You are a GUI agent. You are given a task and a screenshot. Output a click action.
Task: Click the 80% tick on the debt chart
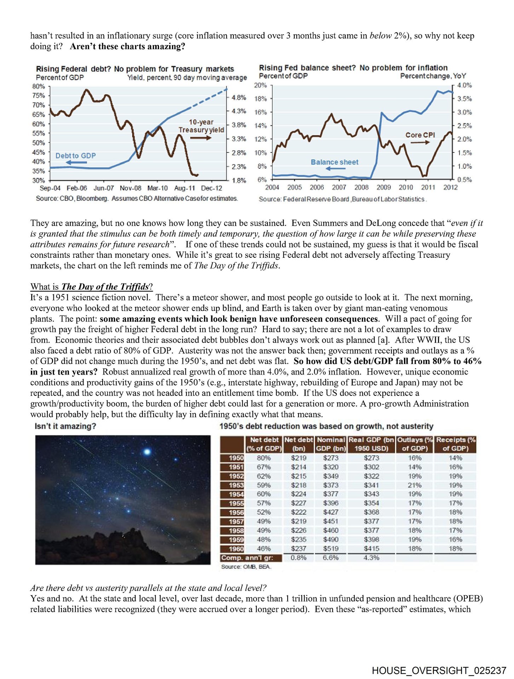coord(39,86)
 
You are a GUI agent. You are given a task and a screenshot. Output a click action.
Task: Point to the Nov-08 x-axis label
coord(130,188)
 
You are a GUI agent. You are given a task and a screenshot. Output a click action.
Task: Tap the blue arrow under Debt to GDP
coord(76,163)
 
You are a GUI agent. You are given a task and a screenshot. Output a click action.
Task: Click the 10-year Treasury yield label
coord(201,126)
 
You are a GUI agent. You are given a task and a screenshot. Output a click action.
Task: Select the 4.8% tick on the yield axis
coord(239,98)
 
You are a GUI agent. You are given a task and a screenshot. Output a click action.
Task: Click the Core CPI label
coord(420,135)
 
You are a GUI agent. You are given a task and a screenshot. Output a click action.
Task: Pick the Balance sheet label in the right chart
coord(334,162)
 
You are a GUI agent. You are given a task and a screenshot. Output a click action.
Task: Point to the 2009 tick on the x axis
coord(383,187)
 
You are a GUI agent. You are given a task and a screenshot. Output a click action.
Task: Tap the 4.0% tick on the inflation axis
coord(464,85)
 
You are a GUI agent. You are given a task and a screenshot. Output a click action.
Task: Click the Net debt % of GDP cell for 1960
coord(264,549)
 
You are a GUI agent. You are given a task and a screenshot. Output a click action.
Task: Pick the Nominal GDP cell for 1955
coord(330,503)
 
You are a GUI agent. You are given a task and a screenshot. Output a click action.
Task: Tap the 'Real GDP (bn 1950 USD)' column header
coord(371,444)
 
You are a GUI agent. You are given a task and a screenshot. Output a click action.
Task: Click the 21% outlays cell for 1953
coord(414,485)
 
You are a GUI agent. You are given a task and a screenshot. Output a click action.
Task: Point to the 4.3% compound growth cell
coord(371,558)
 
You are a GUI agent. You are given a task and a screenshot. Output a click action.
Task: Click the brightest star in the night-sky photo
coord(147,452)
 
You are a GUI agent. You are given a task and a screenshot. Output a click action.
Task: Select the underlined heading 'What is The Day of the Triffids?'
coord(92,286)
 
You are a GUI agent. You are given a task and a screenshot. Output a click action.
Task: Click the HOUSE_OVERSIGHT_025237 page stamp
coord(439,671)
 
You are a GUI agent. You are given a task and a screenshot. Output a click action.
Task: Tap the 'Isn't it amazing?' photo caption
coord(65,426)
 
